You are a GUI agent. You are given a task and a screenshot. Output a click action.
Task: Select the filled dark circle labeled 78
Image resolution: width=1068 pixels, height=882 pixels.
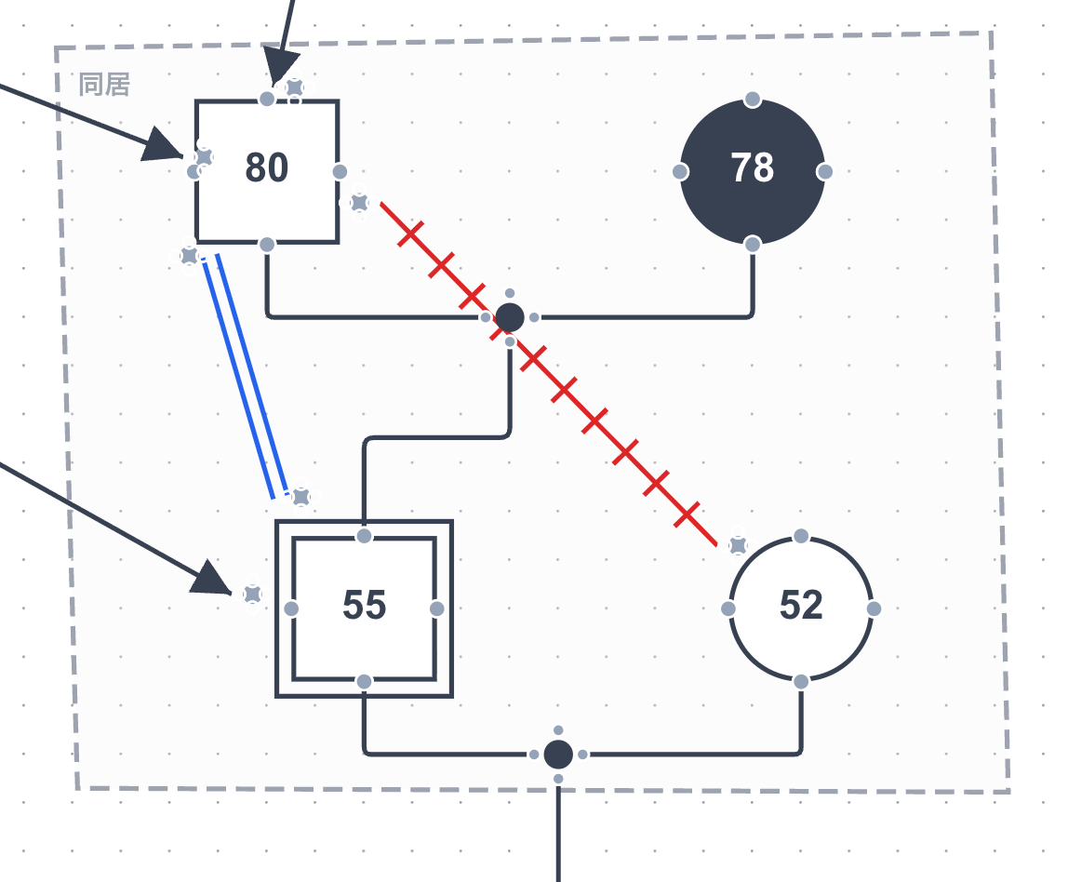753,171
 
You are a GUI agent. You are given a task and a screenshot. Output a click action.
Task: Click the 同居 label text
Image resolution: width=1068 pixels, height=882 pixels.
104,86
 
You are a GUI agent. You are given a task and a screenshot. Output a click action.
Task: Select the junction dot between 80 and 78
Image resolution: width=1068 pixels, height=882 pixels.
510,317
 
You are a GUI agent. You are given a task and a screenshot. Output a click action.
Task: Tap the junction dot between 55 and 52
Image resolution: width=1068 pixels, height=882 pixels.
558,754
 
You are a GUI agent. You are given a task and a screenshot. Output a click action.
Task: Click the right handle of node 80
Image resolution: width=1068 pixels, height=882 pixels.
340,171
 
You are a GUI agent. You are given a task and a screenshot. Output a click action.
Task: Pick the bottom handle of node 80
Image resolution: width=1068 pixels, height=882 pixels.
267,245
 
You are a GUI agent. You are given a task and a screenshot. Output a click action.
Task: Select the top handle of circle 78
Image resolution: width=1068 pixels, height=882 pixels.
753,99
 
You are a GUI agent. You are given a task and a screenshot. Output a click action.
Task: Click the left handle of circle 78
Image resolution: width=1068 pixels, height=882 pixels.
680,171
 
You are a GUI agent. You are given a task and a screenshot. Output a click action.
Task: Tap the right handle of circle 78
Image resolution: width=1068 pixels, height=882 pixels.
825,171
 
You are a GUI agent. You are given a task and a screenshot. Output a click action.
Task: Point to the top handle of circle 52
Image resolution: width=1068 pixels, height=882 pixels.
801,536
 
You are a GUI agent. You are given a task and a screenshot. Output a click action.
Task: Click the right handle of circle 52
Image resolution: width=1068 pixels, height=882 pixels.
874,608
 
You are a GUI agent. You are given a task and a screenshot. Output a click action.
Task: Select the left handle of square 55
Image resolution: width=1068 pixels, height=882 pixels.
291,608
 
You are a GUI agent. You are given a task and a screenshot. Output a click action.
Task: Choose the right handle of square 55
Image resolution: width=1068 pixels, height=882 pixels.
436,608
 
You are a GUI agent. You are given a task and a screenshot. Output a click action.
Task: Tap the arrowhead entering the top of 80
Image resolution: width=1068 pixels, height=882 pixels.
276,71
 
